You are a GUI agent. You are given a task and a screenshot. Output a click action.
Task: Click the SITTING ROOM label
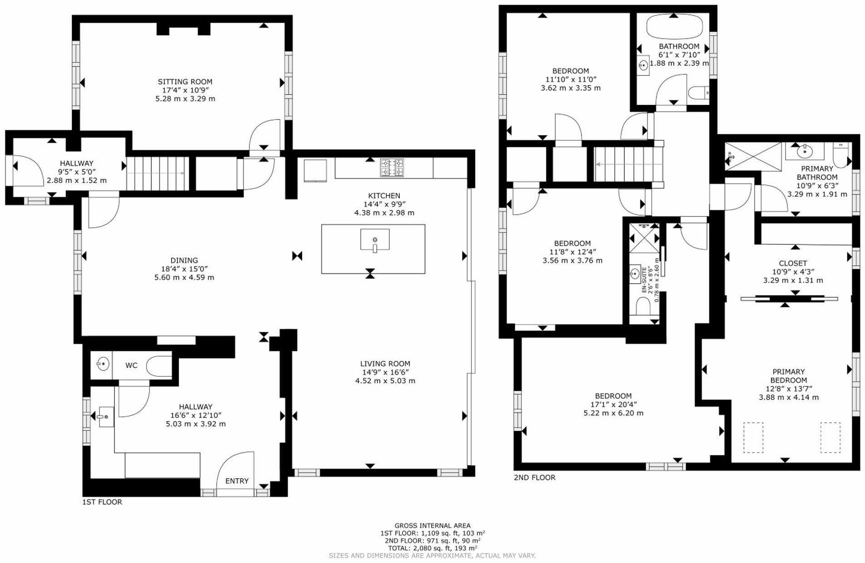tap(185, 82)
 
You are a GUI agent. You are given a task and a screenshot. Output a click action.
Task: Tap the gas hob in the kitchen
tap(392, 168)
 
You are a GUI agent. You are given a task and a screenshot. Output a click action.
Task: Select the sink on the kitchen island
tap(375, 240)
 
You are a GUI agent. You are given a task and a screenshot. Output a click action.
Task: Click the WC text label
tap(131, 365)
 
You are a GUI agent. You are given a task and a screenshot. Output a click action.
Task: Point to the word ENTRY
tap(237, 481)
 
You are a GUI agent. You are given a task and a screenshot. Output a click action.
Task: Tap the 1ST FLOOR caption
tap(102, 502)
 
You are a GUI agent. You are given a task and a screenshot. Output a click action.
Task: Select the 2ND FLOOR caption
tap(534, 478)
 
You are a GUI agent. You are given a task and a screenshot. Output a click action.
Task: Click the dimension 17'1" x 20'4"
tap(613, 405)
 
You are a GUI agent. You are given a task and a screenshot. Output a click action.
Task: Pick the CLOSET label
tap(793, 263)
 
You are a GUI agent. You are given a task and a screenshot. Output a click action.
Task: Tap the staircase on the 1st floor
tap(157, 173)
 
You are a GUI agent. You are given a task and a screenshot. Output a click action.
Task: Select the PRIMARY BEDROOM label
tap(789, 376)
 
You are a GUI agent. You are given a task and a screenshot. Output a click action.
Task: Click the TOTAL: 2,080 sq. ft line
tap(432, 548)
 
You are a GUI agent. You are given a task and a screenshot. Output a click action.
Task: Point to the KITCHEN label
tap(384, 196)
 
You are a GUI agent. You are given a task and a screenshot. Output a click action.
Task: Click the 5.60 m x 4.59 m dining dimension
tap(184, 277)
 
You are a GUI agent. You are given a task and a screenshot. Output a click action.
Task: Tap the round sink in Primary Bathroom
tap(804, 151)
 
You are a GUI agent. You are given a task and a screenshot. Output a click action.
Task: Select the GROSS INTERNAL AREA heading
tap(432, 525)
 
